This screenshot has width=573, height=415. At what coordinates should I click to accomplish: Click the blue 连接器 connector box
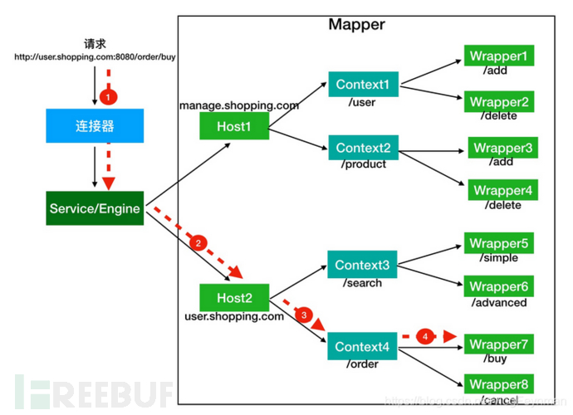(94, 126)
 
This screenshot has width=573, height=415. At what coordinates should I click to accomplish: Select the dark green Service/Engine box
(94, 207)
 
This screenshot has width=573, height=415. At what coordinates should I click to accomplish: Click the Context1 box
(362, 84)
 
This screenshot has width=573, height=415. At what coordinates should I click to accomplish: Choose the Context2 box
(362, 148)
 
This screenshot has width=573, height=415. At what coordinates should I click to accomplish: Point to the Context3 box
(362, 265)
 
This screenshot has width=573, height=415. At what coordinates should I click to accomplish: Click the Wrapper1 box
(498, 56)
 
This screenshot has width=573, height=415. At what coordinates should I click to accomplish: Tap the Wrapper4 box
(502, 190)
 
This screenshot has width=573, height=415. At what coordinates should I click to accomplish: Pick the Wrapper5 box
(498, 243)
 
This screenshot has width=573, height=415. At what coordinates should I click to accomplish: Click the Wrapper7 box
(498, 344)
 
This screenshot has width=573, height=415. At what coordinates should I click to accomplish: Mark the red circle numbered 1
(106, 97)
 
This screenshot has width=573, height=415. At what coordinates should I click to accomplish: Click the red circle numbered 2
(198, 244)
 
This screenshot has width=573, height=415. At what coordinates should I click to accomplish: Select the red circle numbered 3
(304, 315)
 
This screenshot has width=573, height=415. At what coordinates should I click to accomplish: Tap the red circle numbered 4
(424, 337)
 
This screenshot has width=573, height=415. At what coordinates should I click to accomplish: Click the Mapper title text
(356, 24)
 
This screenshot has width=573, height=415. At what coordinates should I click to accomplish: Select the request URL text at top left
(94, 57)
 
